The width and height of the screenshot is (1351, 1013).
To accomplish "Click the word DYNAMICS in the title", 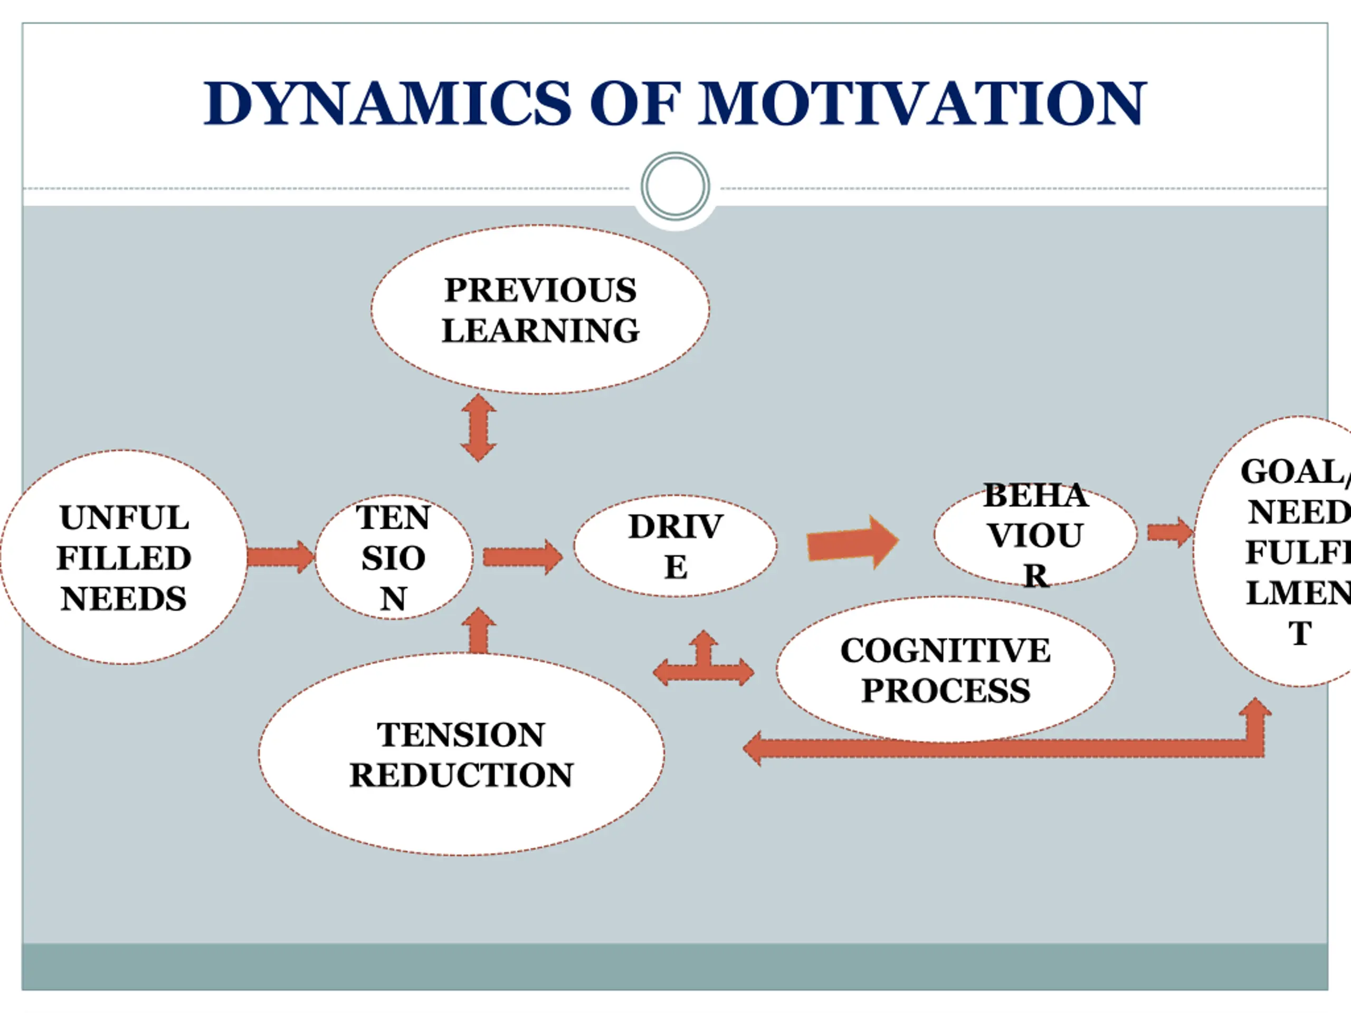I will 387,104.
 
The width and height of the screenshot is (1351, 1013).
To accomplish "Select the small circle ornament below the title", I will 675,186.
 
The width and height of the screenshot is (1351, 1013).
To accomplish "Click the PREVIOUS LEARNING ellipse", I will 540,310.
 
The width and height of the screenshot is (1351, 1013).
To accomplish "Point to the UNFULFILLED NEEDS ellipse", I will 124,557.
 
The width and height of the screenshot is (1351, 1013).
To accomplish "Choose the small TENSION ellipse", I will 394,557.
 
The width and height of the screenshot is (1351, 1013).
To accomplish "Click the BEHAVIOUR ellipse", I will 1035,536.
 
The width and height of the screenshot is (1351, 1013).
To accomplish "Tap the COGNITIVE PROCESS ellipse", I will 946,670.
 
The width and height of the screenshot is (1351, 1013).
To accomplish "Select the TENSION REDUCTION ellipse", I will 461,754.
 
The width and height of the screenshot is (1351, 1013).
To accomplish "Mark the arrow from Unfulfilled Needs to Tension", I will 280,557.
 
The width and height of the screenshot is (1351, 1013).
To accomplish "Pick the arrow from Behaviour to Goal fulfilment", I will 1169,532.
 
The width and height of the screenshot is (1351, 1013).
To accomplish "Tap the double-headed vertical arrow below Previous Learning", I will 478,427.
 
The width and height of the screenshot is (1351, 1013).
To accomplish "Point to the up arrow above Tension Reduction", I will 479,632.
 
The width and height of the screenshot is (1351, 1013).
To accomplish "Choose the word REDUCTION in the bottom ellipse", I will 461,775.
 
